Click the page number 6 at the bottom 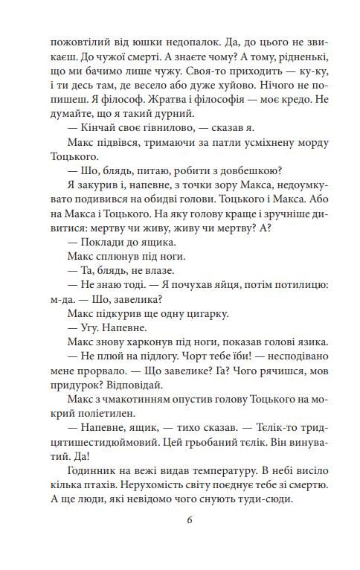point(180,540)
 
